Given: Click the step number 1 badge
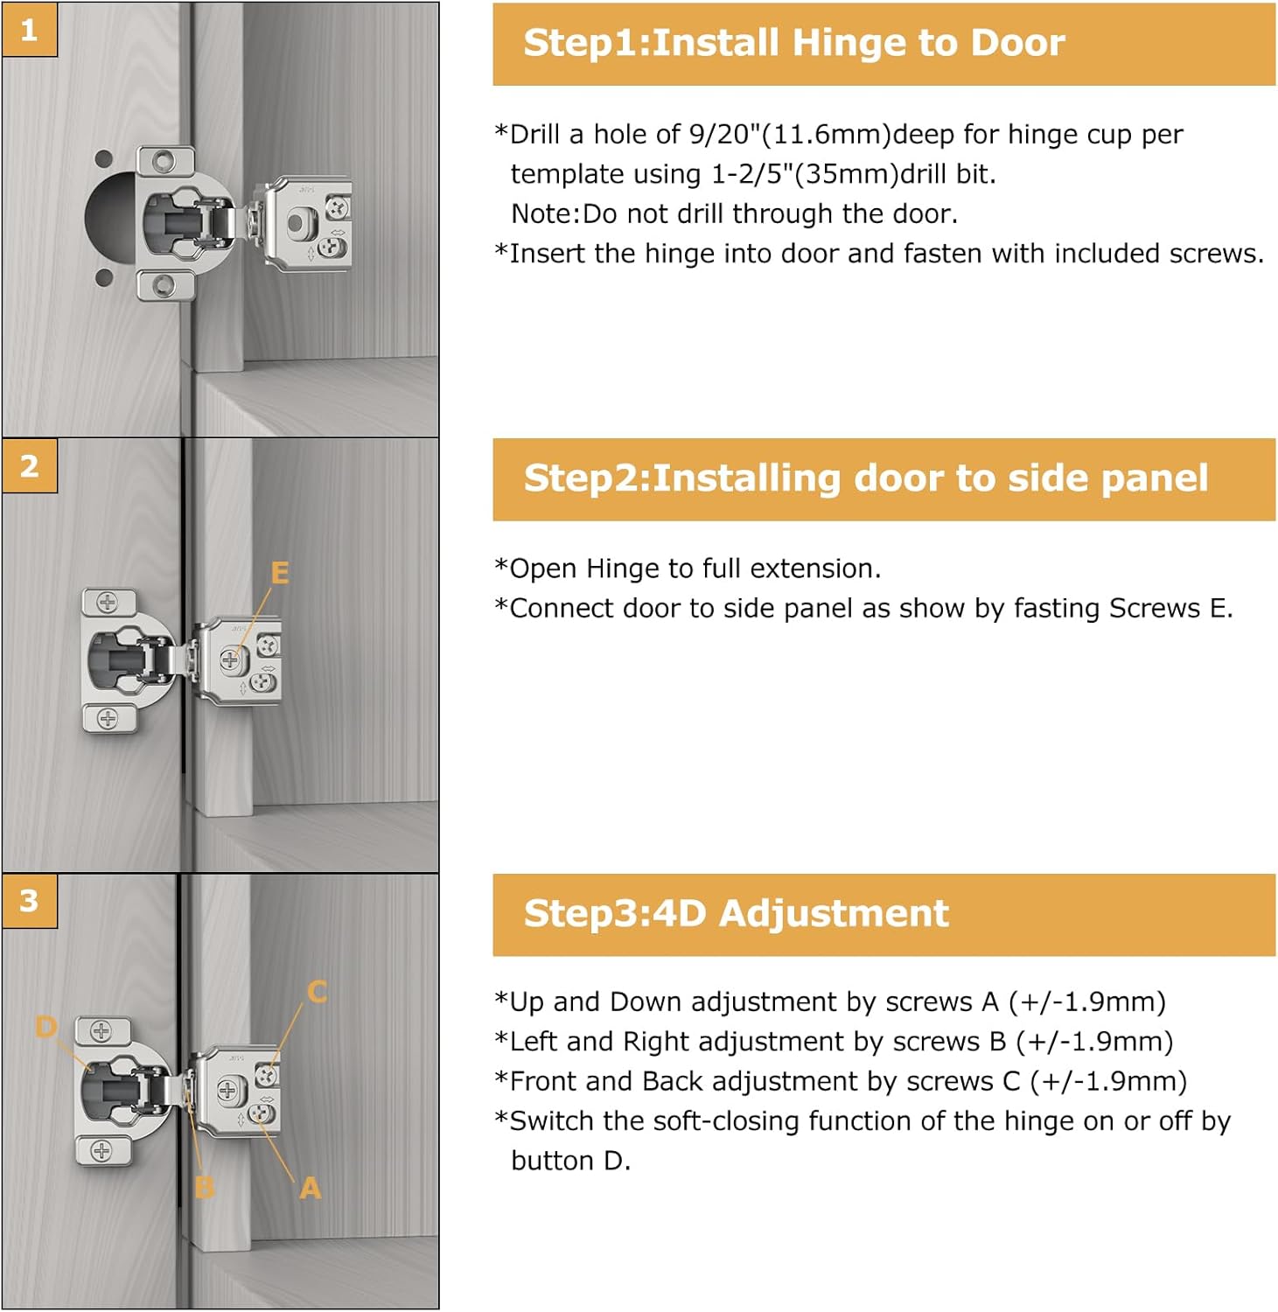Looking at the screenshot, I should [x=29, y=30].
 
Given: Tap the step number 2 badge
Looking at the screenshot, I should [x=29, y=465].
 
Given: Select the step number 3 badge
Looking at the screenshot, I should [x=29, y=900].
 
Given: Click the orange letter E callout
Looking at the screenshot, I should [x=280, y=573].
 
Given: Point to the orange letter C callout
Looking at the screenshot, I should [x=317, y=991].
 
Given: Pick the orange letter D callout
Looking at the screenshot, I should [x=45, y=1026].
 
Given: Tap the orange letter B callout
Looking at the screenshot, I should [x=204, y=1187].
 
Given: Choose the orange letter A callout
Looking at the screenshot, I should [x=310, y=1188].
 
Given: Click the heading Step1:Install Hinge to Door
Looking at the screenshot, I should [x=793, y=43].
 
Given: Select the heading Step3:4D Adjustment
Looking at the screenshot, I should [x=736, y=913].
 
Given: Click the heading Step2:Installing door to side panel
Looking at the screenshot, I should [x=865, y=478].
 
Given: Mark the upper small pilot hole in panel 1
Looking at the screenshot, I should [x=103, y=159].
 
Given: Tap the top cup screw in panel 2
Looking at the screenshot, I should [x=108, y=602].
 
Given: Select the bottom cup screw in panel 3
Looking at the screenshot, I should [x=101, y=1150].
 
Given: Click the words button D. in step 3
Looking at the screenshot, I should [x=570, y=1161].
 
